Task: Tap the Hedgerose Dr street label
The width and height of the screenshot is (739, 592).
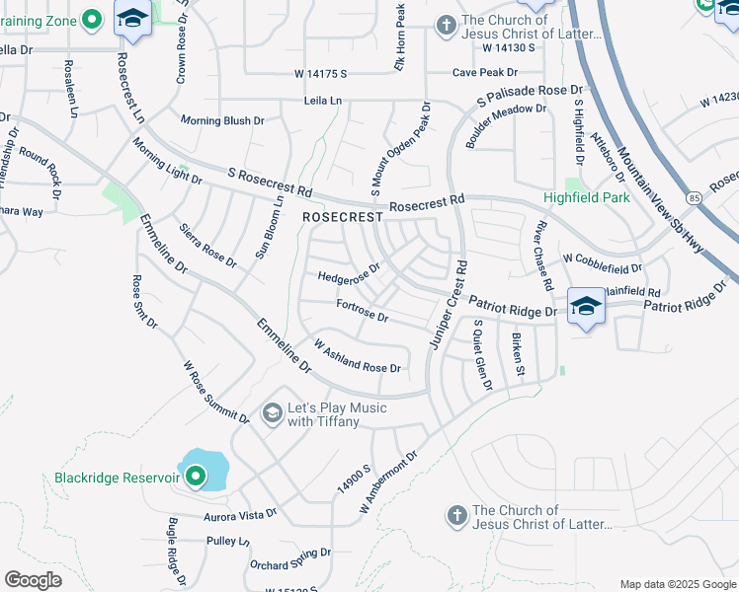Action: point(349,273)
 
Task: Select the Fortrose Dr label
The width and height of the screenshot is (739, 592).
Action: point(362,312)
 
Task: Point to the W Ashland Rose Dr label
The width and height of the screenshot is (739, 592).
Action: point(357,355)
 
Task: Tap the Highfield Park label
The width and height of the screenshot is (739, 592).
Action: point(588,197)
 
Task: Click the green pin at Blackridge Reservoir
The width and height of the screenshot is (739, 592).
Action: point(196,478)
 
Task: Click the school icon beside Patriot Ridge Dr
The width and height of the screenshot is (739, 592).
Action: point(586,307)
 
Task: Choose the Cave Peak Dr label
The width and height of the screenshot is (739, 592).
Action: point(485,72)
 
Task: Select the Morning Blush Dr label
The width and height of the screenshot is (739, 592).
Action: point(222,120)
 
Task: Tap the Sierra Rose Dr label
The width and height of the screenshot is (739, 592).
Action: point(207,246)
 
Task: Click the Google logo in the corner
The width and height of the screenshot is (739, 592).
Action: point(33,580)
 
